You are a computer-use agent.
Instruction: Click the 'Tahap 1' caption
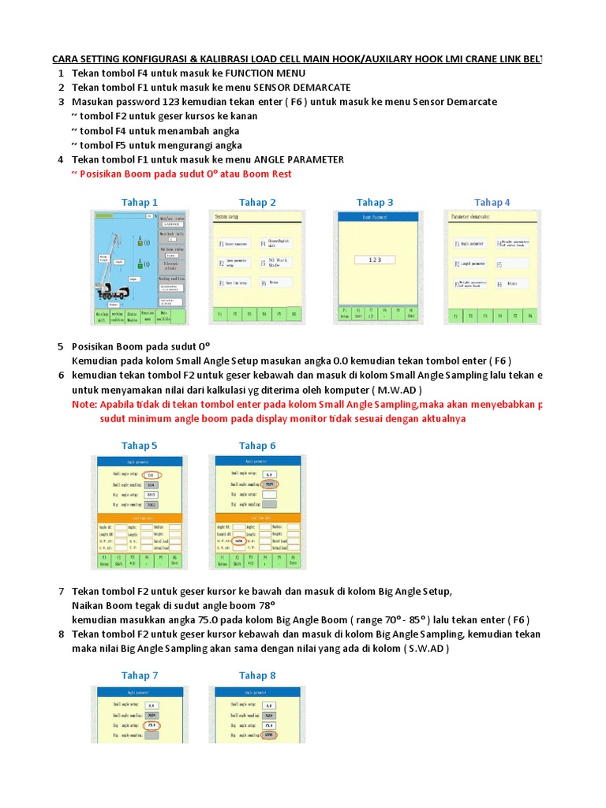[140, 203]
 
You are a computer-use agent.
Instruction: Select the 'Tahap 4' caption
[492, 203]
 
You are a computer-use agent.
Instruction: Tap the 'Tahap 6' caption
[257, 446]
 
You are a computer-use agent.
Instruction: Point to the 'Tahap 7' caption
[140, 675]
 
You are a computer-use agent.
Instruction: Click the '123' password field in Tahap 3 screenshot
[375, 259]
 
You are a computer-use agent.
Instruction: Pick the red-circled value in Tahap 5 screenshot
[151, 474]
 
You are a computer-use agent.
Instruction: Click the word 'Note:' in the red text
[84, 405]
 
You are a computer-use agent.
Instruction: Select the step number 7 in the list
[61, 592]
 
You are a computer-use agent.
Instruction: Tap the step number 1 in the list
[61, 73]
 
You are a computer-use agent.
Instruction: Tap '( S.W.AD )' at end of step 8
[426, 649]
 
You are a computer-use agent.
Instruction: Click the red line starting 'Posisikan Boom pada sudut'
[186, 174]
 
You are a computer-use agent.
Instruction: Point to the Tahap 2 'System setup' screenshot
[256, 267]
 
